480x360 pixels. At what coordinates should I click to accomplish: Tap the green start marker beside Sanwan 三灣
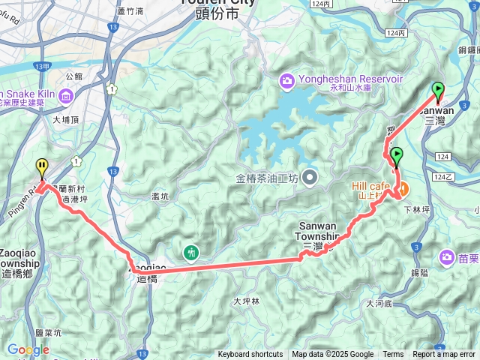point(437,91)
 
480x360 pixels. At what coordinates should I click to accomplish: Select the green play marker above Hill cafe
point(396,156)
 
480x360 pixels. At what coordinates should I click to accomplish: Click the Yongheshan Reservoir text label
point(340,79)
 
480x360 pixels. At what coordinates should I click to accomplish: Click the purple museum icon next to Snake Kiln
point(65,95)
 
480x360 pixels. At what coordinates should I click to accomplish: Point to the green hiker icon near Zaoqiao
point(192,252)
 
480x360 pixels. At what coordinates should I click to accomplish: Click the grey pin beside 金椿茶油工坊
point(310,178)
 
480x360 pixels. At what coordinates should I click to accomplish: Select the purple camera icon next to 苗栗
point(448,257)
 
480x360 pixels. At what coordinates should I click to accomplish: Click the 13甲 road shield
point(41,67)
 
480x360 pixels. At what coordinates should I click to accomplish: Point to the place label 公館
point(74,76)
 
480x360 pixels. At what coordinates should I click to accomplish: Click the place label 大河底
point(379,304)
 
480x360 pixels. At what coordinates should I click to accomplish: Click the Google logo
point(28,349)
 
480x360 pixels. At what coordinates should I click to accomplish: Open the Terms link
point(393,355)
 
